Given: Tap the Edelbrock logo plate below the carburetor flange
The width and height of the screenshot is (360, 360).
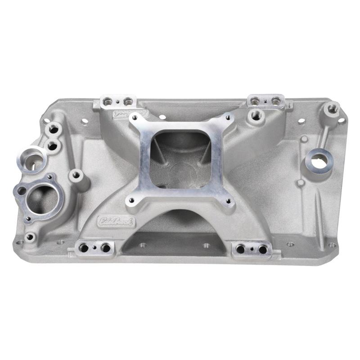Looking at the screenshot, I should (x=111, y=220).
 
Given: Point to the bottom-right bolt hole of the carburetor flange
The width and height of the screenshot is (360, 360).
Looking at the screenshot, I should (x=227, y=202).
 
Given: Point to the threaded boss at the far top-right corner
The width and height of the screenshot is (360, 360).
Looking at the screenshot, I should (x=332, y=108).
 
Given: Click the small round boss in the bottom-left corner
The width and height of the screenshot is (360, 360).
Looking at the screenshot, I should (x=30, y=236).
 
